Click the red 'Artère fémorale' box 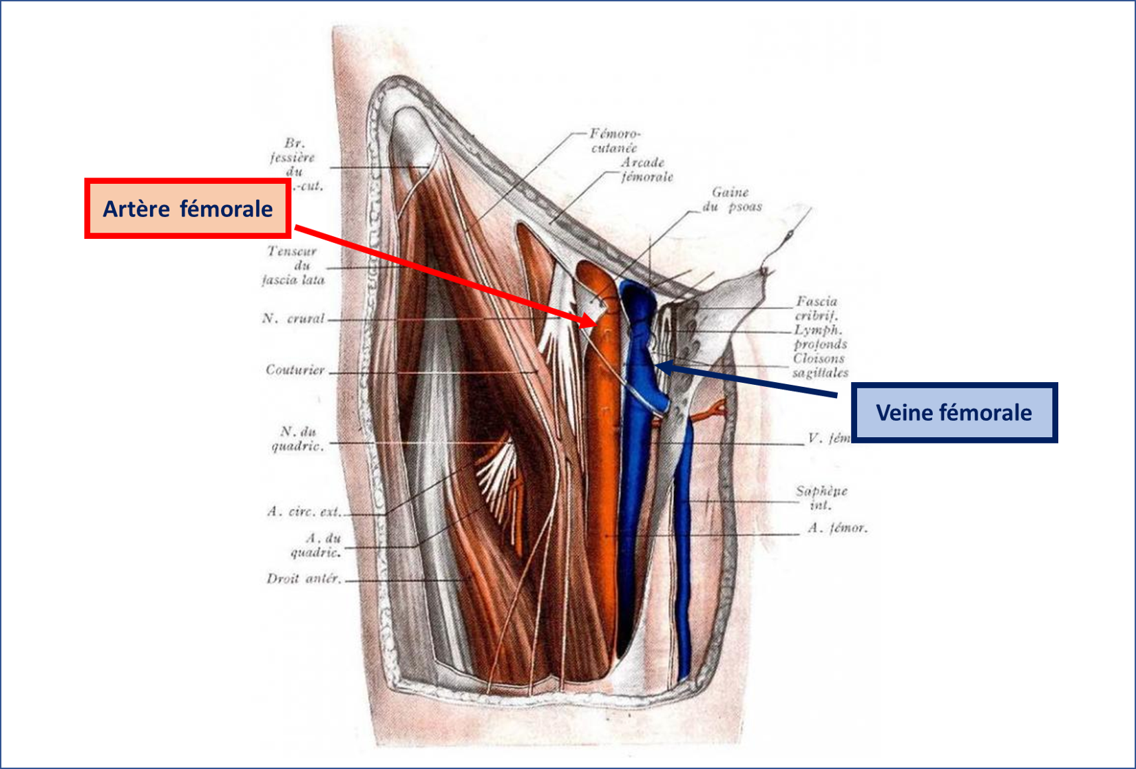click(187, 209)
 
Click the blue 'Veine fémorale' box click(954, 412)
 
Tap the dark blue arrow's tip click(658, 366)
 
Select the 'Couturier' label click(295, 370)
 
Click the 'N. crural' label click(293, 319)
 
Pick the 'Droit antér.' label click(304, 579)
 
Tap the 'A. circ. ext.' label click(304, 512)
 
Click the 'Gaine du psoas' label click(732, 200)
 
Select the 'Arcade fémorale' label click(646, 170)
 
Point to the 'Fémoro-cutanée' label click(614, 140)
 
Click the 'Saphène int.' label click(821, 498)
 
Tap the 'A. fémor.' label click(837, 529)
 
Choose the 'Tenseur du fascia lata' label click(293, 266)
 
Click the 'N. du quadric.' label click(297, 439)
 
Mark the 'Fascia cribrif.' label click(817, 308)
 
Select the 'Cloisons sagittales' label click(819, 366)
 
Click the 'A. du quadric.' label click(315, 545)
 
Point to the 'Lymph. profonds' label click(819, 337)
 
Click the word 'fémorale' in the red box click(227, 209)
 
